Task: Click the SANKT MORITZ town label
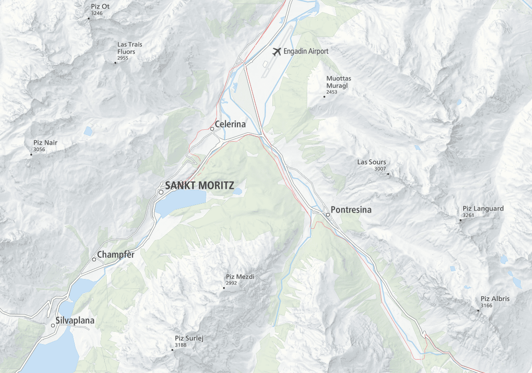[199, 185]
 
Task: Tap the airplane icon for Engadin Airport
[277, 52]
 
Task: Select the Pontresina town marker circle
[328, 215]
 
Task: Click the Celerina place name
[230, 124]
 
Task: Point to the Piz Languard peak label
[483, 209]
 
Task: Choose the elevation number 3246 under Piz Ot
[96, 14]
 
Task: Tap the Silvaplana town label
[75, 321]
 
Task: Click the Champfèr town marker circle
[94, 260]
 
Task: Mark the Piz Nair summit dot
[31, 155]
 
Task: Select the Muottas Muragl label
[338, 82]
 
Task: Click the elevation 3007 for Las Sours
[380, 169]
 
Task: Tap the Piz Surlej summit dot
[172, 350]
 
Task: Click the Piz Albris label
[495, 299]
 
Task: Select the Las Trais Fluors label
[129, 48]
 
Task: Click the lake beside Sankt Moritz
[181, 202]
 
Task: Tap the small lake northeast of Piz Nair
[88, 132]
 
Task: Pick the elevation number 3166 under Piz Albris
[486, 306]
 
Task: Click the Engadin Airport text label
[306, 52]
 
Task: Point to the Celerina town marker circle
[212, 129]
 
